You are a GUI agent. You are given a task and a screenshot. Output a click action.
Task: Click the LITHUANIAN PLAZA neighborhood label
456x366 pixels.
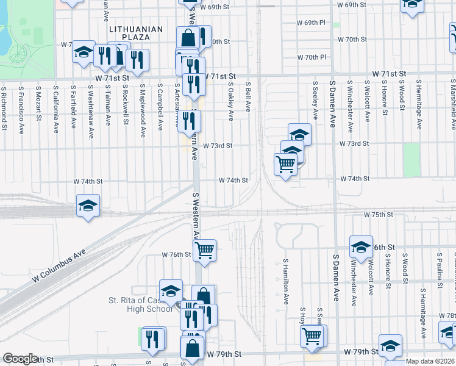[137, 33]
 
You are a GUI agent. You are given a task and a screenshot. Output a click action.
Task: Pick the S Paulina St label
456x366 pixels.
[439, 267]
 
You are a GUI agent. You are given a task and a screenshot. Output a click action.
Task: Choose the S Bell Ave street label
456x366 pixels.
[248, 98]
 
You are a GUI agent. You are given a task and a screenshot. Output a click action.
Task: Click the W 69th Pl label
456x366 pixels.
[312, 23]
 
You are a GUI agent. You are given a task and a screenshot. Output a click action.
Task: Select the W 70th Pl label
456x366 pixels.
[312, 57]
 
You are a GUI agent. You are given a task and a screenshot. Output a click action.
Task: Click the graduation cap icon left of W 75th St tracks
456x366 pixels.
[88, 205]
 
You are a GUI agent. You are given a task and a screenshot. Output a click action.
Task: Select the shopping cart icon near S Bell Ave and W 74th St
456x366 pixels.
[285, 164]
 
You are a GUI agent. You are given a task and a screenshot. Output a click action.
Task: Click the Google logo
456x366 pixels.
[20, 359]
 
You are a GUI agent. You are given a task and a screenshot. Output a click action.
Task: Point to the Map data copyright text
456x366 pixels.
[430, 361]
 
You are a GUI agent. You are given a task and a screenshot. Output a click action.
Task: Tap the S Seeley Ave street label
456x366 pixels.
[315, 101]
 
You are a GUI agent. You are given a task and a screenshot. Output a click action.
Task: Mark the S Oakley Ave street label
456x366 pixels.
[231, 102]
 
